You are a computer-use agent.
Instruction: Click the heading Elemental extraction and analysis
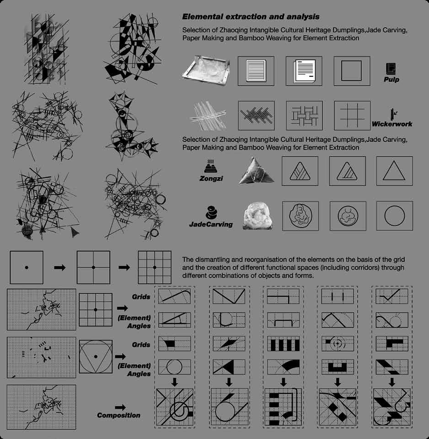pos(251,17)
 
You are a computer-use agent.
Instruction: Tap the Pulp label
pos(391,79)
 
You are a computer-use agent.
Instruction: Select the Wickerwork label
pos(391,124)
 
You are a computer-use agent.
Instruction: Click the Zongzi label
pos(211,179)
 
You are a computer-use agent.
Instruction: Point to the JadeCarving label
pos(211,224)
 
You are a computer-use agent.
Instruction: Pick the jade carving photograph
pos(256,216)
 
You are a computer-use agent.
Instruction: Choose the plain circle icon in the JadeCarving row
pos(394,216)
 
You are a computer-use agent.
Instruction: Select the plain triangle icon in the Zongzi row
pos(394,171)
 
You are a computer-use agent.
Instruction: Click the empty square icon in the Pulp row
pos(352,71)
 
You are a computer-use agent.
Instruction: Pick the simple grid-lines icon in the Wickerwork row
pos(352,116)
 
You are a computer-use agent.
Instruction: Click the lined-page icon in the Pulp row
pos(256,71)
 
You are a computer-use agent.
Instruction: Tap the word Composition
pos(118,415)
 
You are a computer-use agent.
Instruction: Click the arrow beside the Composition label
pos(121,406)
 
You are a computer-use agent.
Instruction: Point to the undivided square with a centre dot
pos(27,267)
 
